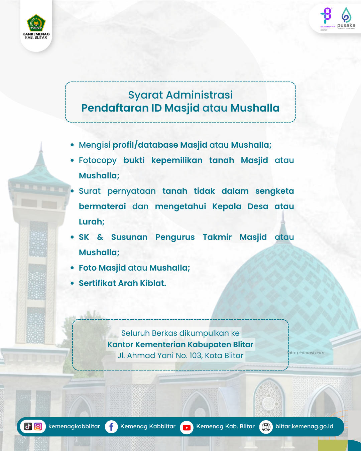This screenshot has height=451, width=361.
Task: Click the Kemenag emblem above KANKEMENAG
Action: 36,23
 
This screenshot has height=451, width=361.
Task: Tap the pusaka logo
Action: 346,18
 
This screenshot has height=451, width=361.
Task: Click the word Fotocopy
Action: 98,160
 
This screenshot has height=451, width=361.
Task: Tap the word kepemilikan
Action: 177,160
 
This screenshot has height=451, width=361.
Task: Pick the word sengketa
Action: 274,191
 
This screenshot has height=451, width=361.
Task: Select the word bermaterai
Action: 102,206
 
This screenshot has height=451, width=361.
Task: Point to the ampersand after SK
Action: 100,237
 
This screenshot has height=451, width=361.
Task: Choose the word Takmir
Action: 217,237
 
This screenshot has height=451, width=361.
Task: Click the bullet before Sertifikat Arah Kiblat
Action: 72,283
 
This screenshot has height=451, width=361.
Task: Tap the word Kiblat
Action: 152,283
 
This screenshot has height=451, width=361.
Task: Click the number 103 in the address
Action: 195,355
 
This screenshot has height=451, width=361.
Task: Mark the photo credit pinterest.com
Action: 310,353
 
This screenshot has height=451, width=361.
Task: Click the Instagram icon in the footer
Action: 38,427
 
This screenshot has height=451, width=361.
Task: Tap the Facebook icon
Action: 111,427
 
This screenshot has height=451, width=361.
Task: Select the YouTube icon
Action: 187,427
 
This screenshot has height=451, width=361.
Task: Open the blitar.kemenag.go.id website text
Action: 304,426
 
